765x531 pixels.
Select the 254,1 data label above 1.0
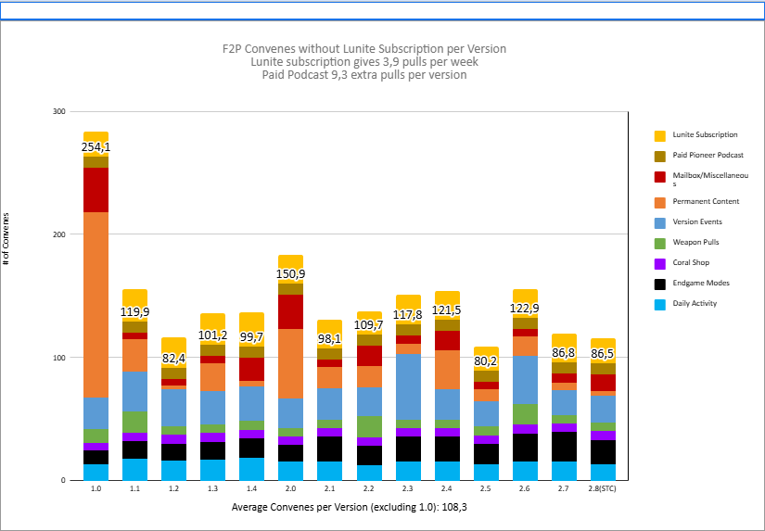(96, 147)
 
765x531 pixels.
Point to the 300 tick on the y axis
(58, 111)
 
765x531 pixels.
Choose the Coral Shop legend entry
(692, 262)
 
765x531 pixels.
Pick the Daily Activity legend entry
(695, 303)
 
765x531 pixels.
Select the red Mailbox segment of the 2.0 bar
(290, 311)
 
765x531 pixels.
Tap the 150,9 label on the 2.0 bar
(290, 273)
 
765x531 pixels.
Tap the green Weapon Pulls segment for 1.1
(134, 422)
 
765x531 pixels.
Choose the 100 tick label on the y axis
(58, 358)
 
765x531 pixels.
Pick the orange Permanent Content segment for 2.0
(290, 363)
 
